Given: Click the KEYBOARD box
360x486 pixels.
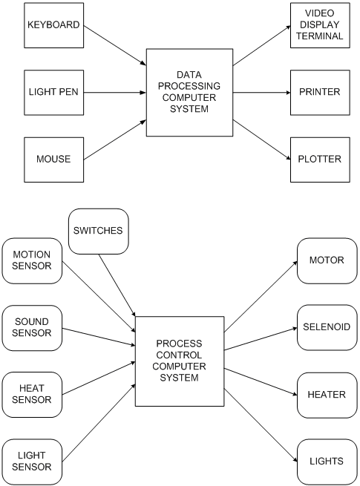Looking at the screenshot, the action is (x=54, y=25).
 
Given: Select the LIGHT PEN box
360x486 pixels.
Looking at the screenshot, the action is (x=54, y=93).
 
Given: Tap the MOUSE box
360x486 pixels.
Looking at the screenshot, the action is (x=54, y=160).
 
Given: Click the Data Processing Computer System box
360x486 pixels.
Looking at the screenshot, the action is (x=189, y=92).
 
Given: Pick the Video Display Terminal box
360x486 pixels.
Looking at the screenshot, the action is (x=320, y=25).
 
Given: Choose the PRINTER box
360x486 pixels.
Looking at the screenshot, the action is (x=320, y=93).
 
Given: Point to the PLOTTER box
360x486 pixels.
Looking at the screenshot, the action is (x=320, y=160).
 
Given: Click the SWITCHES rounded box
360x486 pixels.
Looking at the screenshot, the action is (x=98, y=231).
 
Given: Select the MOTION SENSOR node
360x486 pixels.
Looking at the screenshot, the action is (x=32, y=260).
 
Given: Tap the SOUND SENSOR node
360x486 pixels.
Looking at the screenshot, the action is (x=32, y=328).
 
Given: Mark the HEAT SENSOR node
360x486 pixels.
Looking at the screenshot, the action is (x=32, y=395).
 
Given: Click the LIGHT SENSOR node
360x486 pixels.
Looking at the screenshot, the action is (x=32, y=462).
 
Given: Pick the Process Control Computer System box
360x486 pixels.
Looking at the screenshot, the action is (x=180, y=361).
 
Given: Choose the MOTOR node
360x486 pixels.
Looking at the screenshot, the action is (x=327, y=260).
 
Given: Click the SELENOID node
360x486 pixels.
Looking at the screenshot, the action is (x=327, y=328).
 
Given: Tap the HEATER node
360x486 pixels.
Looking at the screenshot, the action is (x=327, y=395).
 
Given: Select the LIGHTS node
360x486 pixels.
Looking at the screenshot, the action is (x=327, y=462).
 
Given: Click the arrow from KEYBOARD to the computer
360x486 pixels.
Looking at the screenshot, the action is (x=115, y=45).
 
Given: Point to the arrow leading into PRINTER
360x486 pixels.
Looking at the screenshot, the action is (x=262, y=92).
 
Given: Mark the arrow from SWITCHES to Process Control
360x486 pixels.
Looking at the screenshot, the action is (x=117, y=285).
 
